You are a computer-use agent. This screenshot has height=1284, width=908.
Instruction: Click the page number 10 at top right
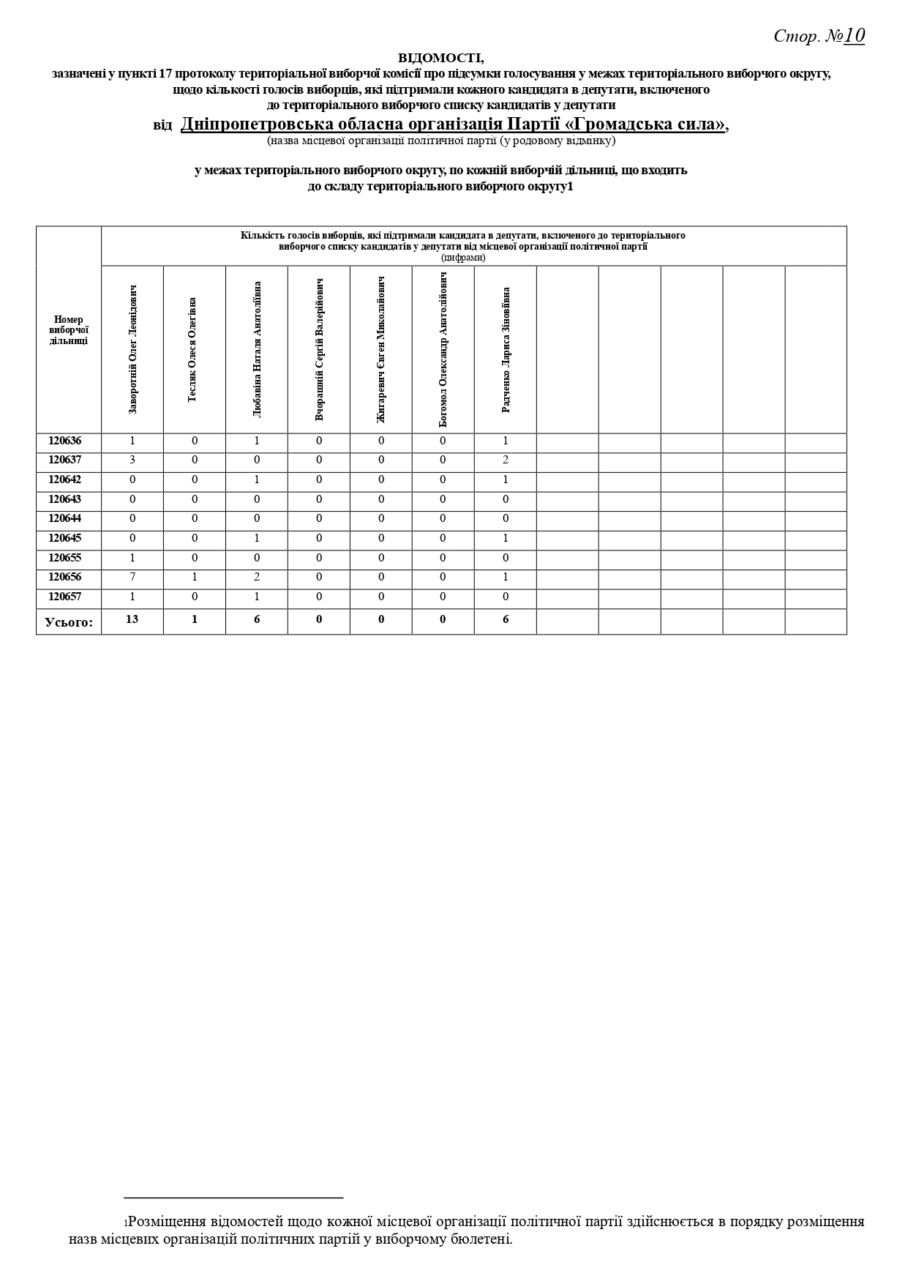[x=854, y=35]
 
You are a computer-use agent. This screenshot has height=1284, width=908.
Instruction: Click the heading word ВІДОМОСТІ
[x=440, y=57]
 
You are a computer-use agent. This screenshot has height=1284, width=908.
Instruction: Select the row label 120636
[x=65, y=441]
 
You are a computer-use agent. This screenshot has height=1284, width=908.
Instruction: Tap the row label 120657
[x=65, y=597]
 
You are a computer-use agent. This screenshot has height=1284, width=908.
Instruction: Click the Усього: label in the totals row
[x=69, y=622]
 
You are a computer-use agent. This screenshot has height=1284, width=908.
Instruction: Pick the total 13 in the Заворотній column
[x=132, y=619]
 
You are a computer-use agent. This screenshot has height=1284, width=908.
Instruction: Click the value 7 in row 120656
[x=132, y=577]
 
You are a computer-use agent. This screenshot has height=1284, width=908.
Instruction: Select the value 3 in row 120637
[x=132, y=460]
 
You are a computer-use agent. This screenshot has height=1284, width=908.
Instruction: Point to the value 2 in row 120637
[x=506, y=460]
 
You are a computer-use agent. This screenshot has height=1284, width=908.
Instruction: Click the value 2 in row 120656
[x=257, y=577]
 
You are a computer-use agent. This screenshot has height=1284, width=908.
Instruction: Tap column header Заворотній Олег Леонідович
[x=132, y=349]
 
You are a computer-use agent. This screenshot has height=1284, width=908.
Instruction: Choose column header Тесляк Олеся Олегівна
[x=192, y=349]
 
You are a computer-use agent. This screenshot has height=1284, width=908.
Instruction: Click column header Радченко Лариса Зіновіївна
[x=506, y=349]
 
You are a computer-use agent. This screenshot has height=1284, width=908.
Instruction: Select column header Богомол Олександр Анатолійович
[x=443, y=349]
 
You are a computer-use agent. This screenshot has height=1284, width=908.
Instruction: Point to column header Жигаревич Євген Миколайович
[x=381, y=349]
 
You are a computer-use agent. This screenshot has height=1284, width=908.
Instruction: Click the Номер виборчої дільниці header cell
[x=69, y=330]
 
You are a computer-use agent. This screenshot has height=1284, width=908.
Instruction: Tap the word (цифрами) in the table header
[x=463, y=257]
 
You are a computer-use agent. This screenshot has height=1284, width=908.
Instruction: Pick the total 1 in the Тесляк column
[x=195, y=619]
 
